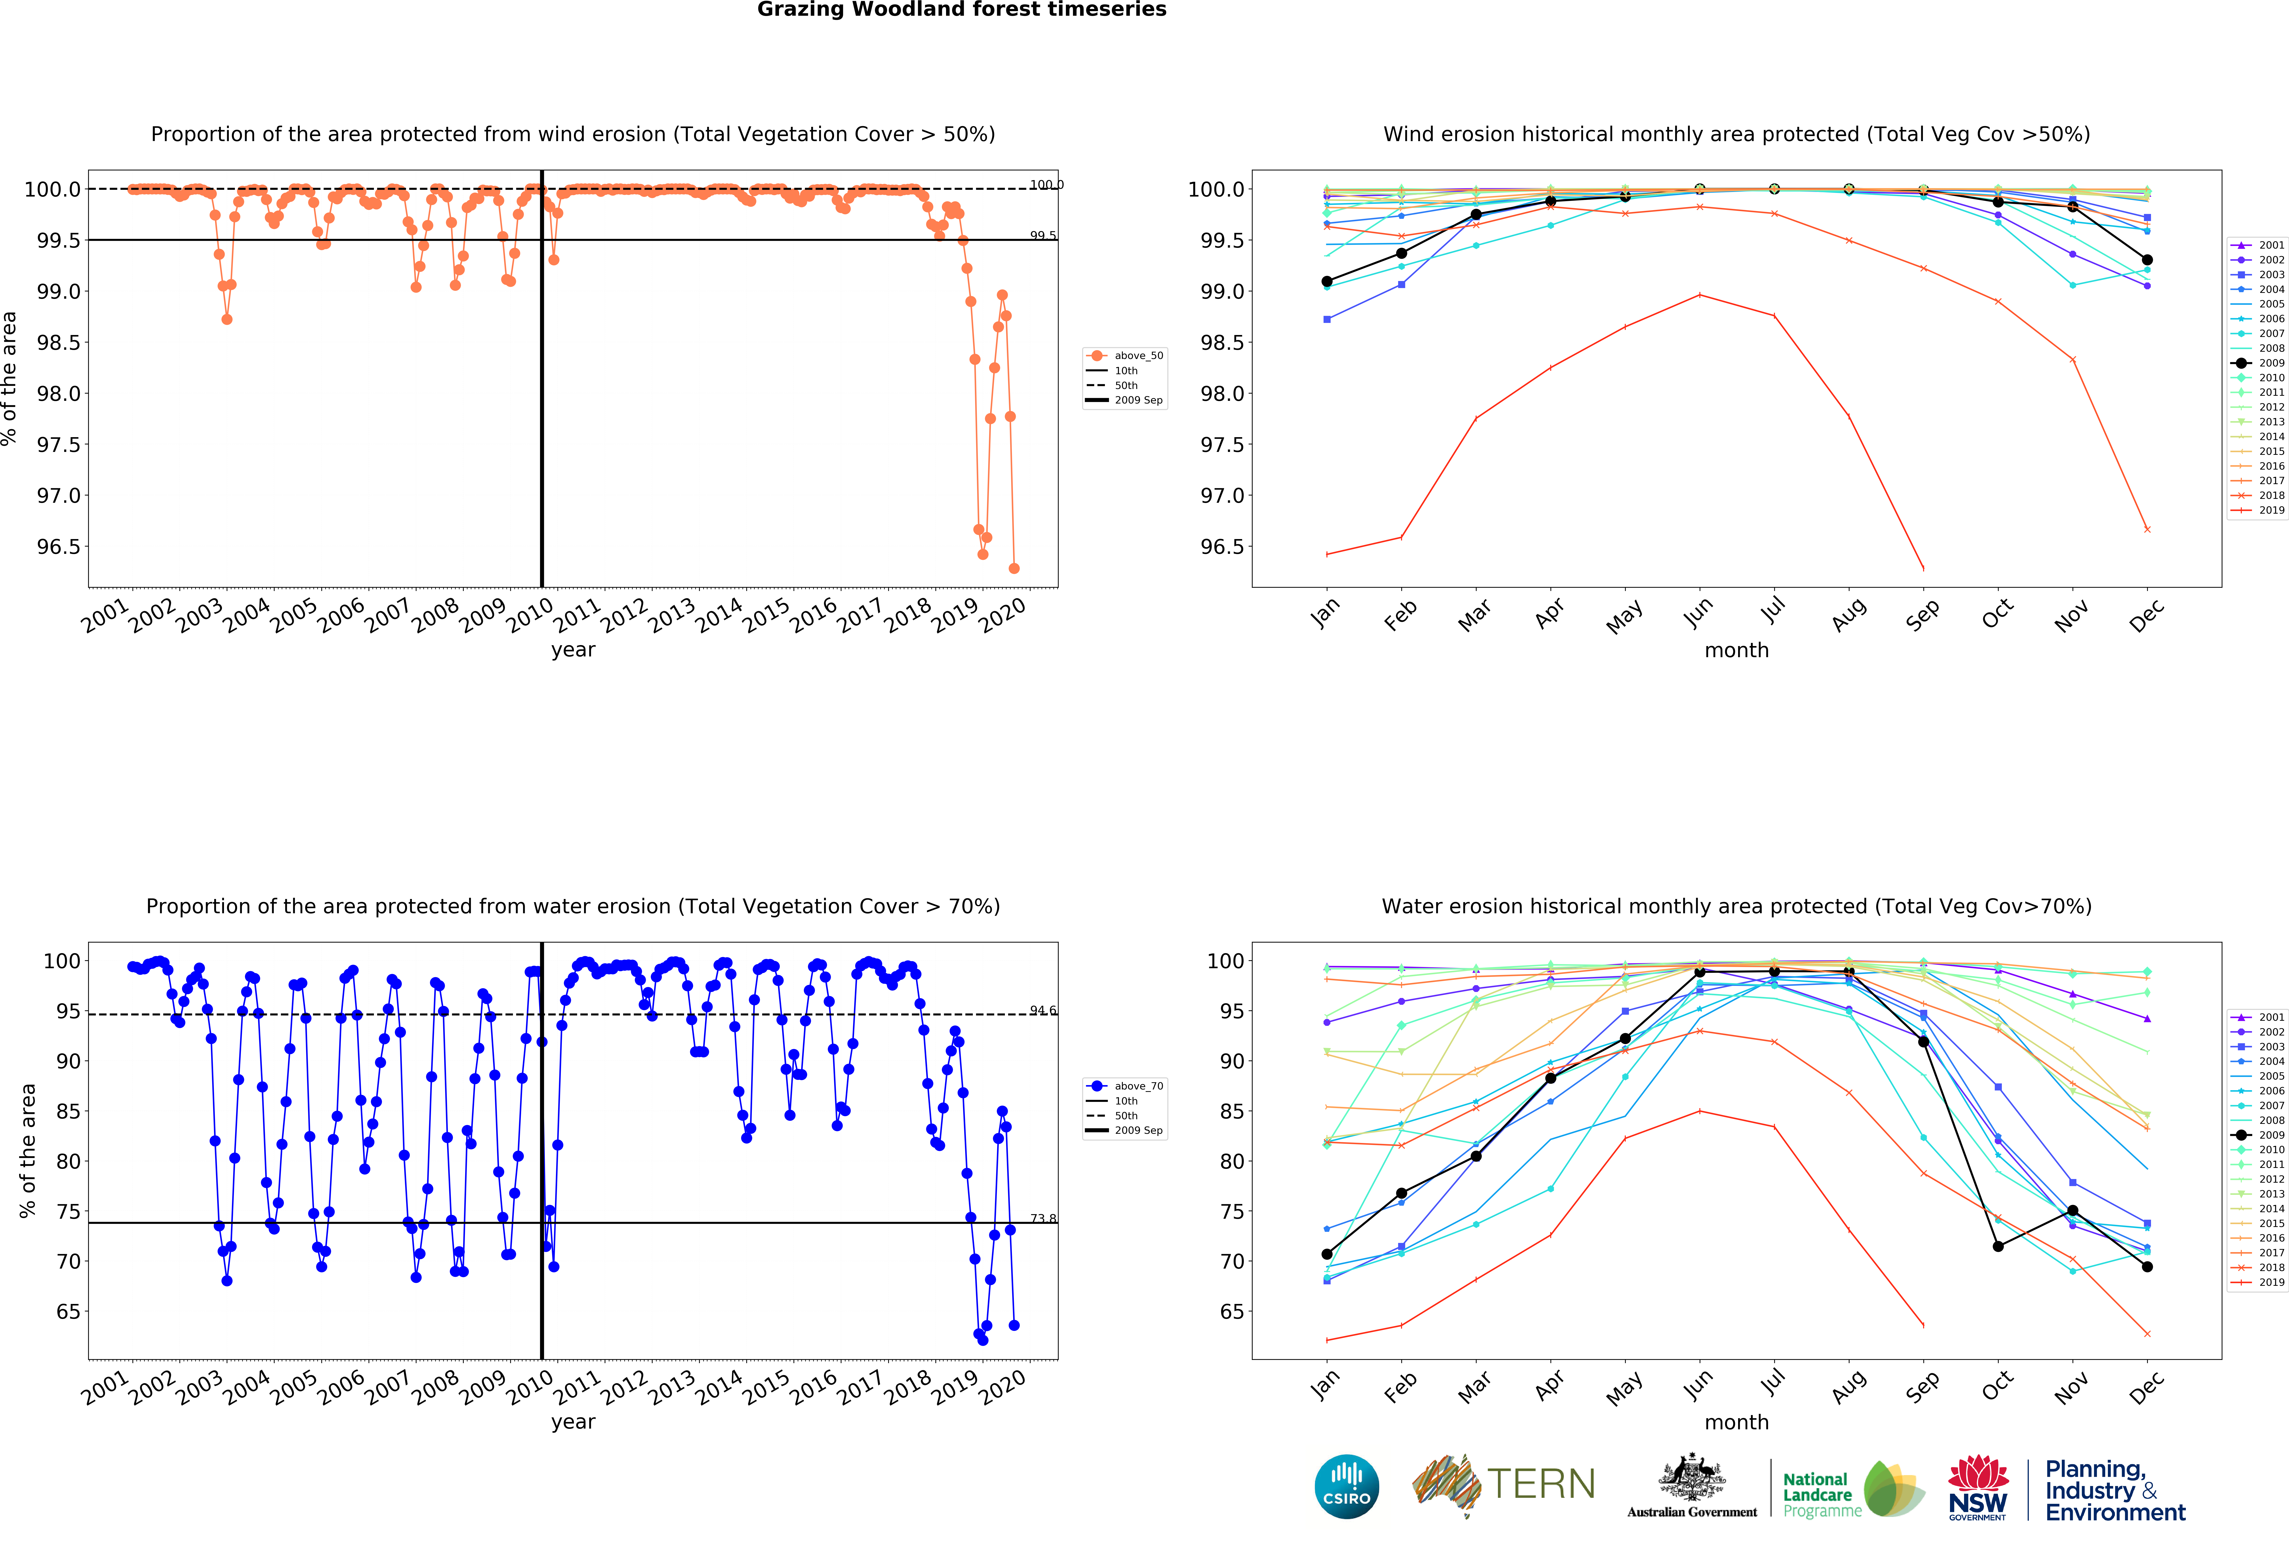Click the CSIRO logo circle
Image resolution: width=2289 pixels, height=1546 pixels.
pyautogui.click(x=1346, y=1486)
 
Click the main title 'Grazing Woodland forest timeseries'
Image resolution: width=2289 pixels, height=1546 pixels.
pyautogui.click(x=961, y=10)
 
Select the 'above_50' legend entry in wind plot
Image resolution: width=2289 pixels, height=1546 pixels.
pyautogui.click(x=1138, y=356)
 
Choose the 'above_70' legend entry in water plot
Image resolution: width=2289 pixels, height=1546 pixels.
pyautogui.click(x=1138, y=1086)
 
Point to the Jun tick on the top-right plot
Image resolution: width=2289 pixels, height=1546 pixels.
pyautogui.click(x=1698, y=612)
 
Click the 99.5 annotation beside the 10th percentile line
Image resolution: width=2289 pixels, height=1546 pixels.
pyautogui.click(x=1042, y=235)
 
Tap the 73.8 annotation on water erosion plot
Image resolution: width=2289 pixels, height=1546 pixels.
pyautogui.click(x=1042, y=1218)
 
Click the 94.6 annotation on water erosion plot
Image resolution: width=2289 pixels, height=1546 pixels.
pyautogui.click(x=1042, y=1010)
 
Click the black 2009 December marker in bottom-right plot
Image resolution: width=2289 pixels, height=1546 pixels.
pyautogui.click(x=2147, y=1266)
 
